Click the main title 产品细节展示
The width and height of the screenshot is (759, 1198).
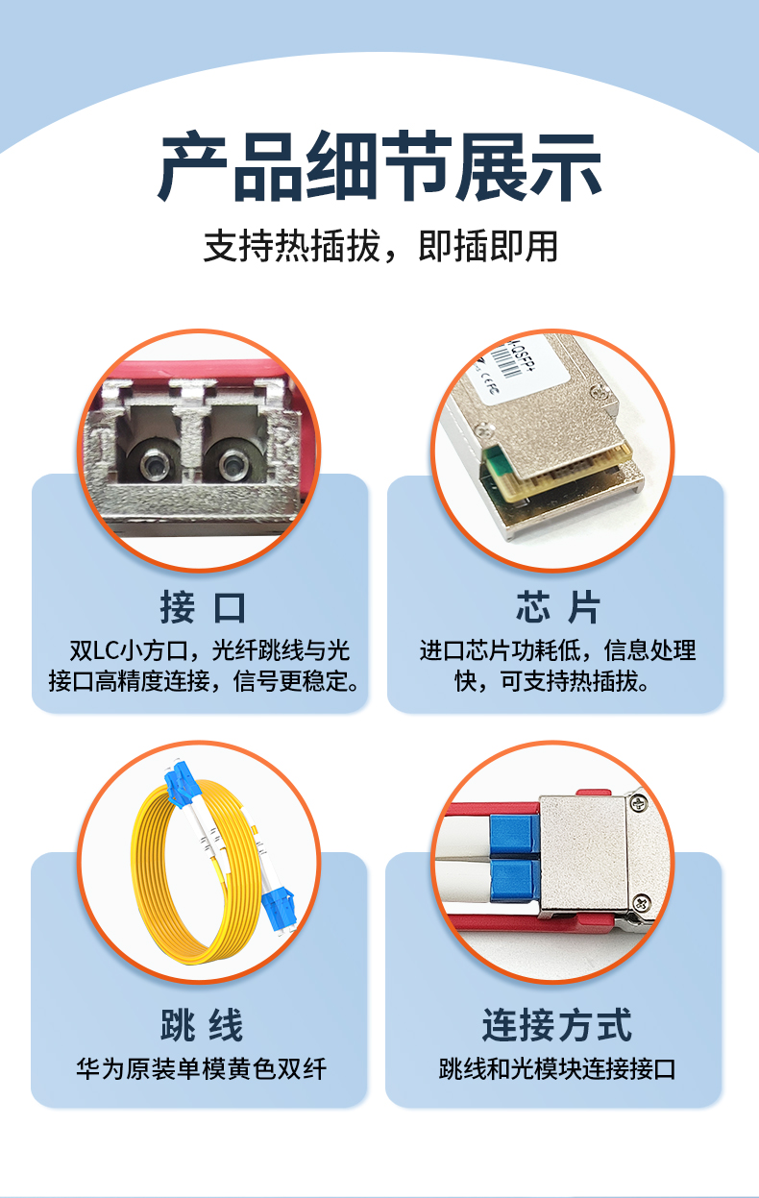pos(379,166)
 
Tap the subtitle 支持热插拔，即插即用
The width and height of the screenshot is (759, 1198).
pos(380,247)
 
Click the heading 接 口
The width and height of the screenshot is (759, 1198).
pos(203,608)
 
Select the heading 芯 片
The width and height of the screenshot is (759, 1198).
pos(557,607)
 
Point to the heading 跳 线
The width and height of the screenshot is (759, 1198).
pos(202,1025)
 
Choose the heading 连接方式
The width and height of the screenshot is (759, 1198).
pos(557,1025)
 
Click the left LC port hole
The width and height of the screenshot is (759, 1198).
pos(155,463)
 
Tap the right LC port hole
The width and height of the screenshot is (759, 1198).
pos(233,463)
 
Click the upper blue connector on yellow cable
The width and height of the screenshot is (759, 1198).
pos(181,782)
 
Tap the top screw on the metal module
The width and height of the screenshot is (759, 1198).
pos(637,803)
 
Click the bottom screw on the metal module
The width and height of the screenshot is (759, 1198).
pos(641,903)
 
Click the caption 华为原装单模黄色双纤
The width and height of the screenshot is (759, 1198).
pos(201,1068)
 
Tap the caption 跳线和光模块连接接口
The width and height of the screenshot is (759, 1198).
pos(557,1068)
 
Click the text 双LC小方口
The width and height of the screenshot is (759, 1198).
pos(129,650)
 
